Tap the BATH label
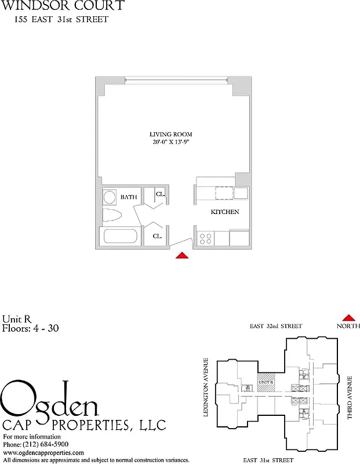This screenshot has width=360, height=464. [129, 198]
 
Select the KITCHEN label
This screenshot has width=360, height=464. [224, 212]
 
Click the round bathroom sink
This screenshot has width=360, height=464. [110, 197]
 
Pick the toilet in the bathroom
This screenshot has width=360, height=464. [111, 216]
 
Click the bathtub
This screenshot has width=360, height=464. [119, 237]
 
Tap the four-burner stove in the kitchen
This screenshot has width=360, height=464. [205, 237]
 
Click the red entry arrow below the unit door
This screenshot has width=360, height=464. [182, 256]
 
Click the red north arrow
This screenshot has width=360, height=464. [348, 317]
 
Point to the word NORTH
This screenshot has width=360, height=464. [348, 327]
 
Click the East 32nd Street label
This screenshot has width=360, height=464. [275, 327]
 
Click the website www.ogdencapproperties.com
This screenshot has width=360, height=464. [43, 452]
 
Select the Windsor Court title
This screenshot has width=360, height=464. [62, 6]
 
